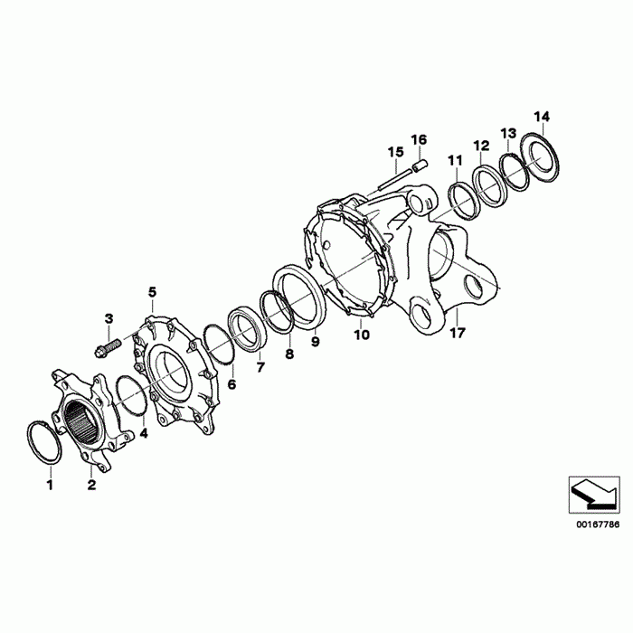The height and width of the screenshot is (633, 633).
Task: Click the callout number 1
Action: tap(50, 485)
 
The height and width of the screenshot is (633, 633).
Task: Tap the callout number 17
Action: tap(458, 333)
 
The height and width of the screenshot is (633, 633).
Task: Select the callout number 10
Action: tap(362, 335)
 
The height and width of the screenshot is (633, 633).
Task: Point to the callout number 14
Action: tap(542, 117)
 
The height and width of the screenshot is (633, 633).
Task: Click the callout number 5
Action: tap(152, 291)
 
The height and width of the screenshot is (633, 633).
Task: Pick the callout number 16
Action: tap(419, 139)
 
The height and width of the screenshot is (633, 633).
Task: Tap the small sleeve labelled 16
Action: tap(420, 165)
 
